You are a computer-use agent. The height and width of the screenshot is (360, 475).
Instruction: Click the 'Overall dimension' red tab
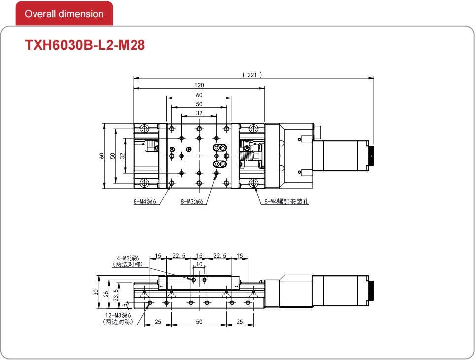[x=64, y=14]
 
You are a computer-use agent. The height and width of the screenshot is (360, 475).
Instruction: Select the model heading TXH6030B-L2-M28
[x=85, y=45]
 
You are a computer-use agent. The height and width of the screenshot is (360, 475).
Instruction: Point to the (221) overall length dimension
[x=252, y=75]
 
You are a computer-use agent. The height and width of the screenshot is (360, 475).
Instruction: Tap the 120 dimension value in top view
[x=199, y=85]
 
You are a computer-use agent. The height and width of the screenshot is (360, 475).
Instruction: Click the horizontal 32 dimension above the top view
[x=199, y=113]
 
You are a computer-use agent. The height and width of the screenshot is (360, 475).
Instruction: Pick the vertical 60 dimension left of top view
[x=102, y=156]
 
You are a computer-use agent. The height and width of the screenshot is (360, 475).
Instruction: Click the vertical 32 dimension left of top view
[x=122, y=156]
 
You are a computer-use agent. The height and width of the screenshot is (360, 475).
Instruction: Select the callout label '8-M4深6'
[x=145, y=201]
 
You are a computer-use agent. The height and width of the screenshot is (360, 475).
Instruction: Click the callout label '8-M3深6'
[x=192, y=201]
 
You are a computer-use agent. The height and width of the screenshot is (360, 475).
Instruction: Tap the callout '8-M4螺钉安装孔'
[x=287, y=201]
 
